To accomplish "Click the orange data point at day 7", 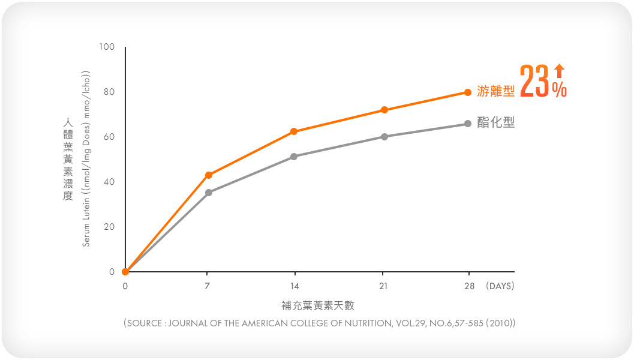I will [209, 175].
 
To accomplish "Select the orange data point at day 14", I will [294, 131].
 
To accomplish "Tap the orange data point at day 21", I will [384, 110].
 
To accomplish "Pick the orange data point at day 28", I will [468, 92].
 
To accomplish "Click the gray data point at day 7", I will [209, 193].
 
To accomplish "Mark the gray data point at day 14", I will [294, 157].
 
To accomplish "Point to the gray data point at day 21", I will [384, 137].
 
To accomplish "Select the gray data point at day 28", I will [468, 124].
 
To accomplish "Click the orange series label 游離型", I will [496, 91].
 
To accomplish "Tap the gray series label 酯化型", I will [496, 123].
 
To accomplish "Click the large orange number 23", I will [534, 81].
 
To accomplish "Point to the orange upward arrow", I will [559, 71].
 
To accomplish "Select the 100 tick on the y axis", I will [107, 47].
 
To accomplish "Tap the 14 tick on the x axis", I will [294, 286].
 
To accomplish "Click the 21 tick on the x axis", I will [384, 286].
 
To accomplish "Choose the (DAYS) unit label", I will [500, 286].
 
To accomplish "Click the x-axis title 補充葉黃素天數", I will [318, 305].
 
